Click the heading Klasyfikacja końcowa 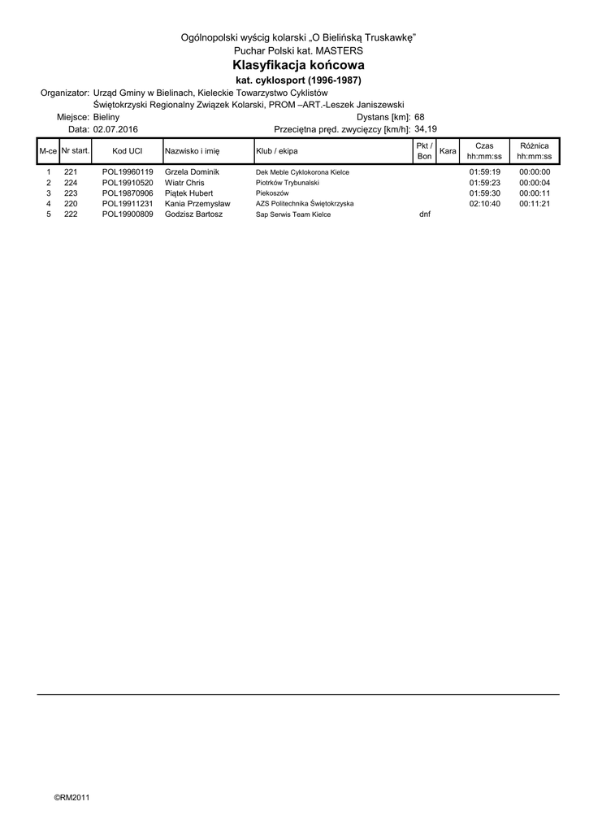298,65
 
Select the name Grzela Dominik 192,172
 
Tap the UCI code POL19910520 128,183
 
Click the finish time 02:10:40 485,204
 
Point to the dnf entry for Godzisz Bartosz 424,214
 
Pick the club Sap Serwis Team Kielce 293,214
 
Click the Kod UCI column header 128,151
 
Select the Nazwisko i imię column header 193,151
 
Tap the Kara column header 447,151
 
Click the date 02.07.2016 115,129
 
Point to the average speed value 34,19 426,129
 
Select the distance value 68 419,117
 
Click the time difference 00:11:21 535,204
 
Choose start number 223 71,193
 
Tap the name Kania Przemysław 197,204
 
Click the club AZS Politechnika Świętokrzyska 305,204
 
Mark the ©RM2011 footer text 72,797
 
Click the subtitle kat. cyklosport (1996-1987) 298,80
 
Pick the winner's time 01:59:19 485,172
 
